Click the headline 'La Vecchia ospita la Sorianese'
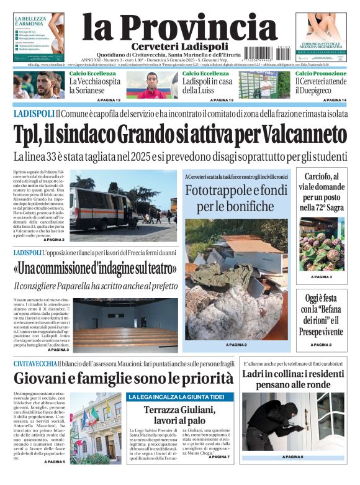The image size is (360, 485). (94, 86)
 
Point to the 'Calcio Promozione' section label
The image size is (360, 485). (321, 73)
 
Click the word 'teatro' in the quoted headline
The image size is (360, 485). (155, 269)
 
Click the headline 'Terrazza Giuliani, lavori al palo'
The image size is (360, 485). (179, 415)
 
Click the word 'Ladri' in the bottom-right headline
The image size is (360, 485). (256, 374)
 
